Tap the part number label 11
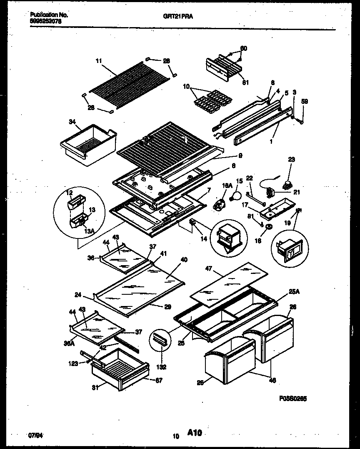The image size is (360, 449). point(98,61)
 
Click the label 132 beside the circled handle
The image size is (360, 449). point(161,367)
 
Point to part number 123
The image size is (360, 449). point(73,364)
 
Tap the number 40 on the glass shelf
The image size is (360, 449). point(183,260)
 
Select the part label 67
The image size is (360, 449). point(158,380)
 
